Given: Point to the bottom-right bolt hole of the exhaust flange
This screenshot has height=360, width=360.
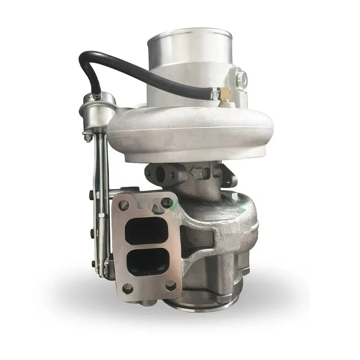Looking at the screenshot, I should click(x=171, y=286).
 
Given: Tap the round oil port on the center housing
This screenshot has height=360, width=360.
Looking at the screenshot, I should click(x=158, y=173).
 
